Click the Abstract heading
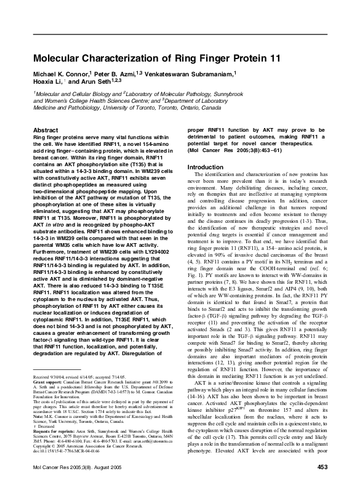point(46,131)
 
